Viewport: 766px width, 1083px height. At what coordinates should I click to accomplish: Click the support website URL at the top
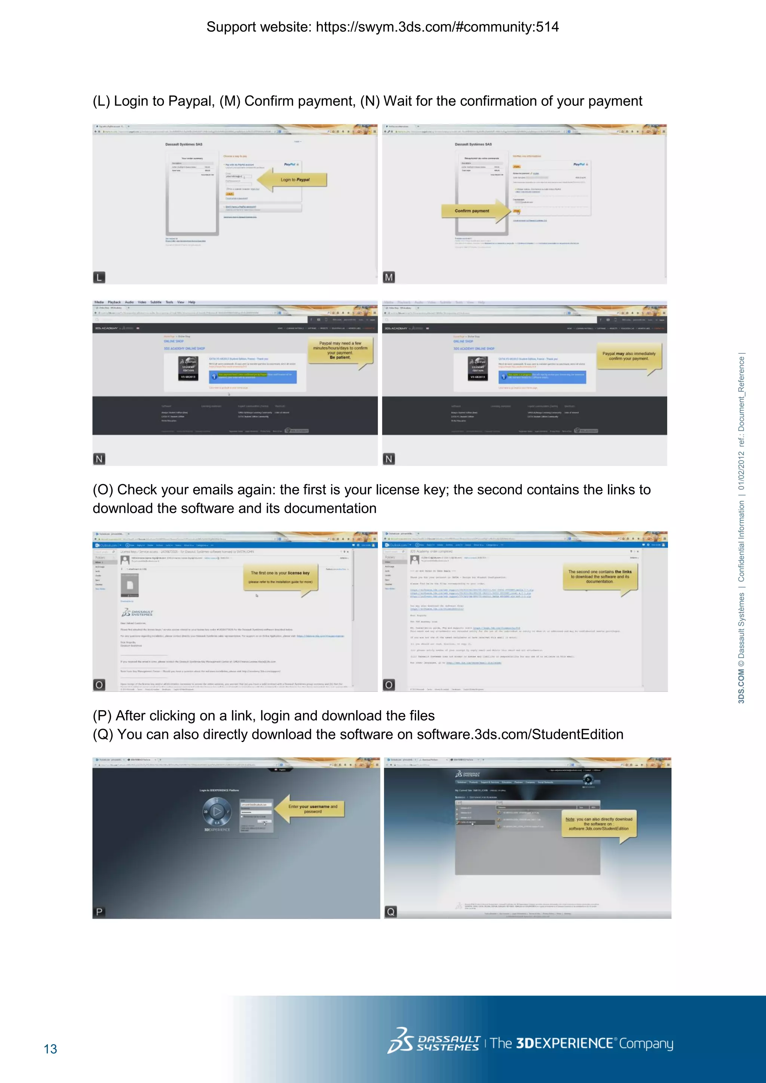click(x=437, y=27)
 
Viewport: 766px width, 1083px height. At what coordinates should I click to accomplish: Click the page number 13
click(x=50, y=1049)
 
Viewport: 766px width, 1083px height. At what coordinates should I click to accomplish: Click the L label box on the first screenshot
click(x=99, y=277)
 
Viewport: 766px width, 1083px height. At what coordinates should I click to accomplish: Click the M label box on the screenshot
click(x=389, y=277)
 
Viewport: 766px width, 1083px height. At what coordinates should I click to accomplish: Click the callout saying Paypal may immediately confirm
click(x=628, y=356)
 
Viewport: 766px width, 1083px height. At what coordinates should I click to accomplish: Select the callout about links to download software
click(x=600, y=576)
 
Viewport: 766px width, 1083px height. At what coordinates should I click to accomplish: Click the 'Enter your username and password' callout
click(x=312, y=809)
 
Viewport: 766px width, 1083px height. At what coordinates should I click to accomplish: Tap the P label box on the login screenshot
click(x=99, y=912)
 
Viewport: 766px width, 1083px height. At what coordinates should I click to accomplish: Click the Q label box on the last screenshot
click(x=390, y=912)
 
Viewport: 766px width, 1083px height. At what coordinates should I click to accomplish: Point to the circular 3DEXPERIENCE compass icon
click(x=217, y=811)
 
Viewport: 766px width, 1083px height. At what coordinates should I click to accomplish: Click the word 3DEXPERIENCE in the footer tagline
click(x=565, y=1043)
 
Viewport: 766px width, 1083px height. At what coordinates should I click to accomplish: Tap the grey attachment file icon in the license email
click(x=130, y=585)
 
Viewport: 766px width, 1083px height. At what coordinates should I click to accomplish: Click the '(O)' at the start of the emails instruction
click(x=103, y=490)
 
